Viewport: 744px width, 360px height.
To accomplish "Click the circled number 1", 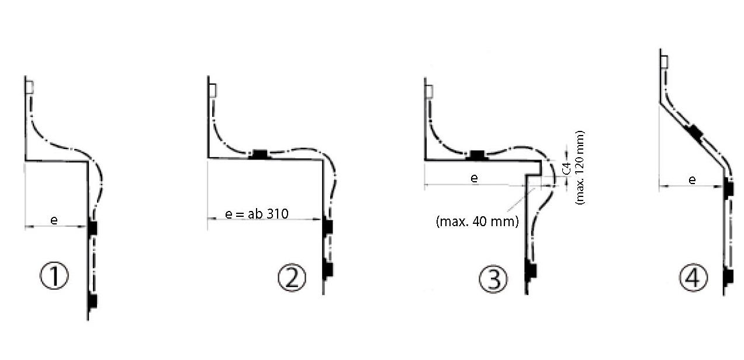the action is (x=54, y=276).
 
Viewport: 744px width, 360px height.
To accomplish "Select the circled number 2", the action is (x=292, y=278).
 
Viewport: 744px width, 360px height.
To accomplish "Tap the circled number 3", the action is (x=493, y=279).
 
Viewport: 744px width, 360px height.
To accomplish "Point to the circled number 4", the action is (x=694, y=278).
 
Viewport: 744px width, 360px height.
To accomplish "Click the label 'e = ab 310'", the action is (x=257, y=214).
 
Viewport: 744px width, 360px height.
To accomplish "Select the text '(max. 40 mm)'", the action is (x=477, y=221).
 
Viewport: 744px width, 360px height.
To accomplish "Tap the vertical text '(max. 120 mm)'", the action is (x=580, y=168).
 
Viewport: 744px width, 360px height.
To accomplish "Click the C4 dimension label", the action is (x=567, y=168).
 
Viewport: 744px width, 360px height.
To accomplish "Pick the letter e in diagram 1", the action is (x=54, y=220).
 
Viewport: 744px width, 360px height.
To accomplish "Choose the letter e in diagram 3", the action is (x=475, y=178).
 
